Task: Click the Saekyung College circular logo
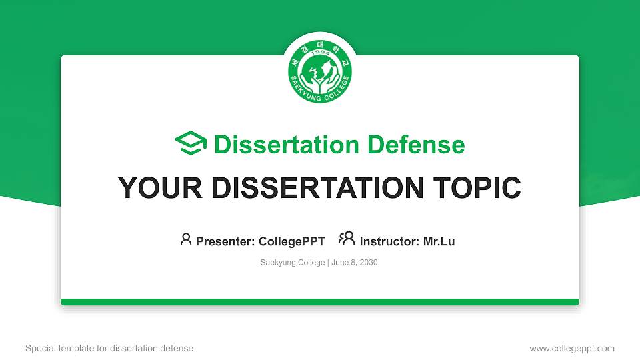tap(320, 71)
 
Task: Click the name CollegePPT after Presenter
tap(291, 241)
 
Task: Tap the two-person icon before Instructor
tap(347, 239)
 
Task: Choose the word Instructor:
tap(389, 241)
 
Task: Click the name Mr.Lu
tap(439, 241)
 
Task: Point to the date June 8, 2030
tap(355, 263)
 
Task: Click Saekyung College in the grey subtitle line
tap(292, 263)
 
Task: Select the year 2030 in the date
tap(368, 263)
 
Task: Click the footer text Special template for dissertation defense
tap(109, 348)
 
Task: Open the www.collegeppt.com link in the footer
tap(572, 348)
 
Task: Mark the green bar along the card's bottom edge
tap(320, 302)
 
